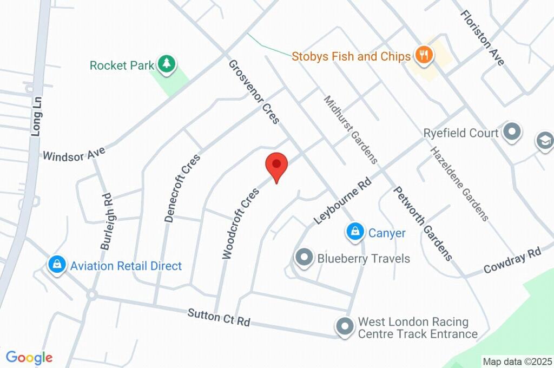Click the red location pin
click(276, 165)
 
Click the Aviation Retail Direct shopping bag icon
click(56, 265)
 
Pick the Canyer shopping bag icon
click(354, 232)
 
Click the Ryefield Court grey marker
click(511, 132)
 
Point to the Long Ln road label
click(36, 116)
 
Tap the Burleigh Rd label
click(105, 221)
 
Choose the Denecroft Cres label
click(182, 188)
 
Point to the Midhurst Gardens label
click(351, 130)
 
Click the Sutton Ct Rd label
click(219, 317)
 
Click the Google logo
click(29, 357)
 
